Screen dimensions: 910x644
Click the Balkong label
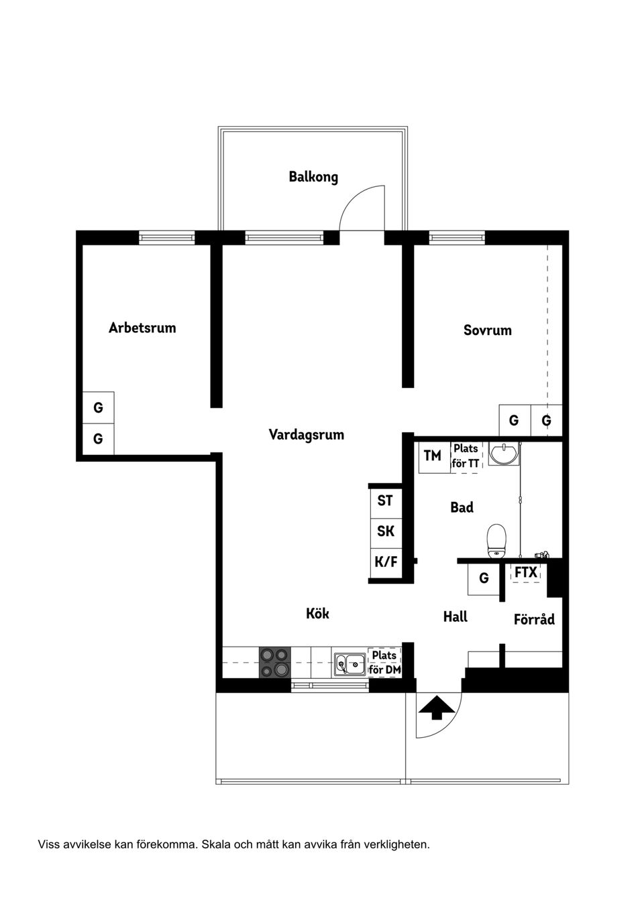(x=313, y=177)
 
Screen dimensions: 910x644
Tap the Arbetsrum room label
(x=142, y=328)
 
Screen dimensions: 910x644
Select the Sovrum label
(x=488, y=330)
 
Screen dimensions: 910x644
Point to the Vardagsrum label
(x=307, y=434)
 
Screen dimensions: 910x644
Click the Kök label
(x=317, y=613)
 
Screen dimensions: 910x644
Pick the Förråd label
(x=534, y=619)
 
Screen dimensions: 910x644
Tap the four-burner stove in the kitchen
(x=274, y=662)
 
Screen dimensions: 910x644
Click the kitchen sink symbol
(x=350, y=664)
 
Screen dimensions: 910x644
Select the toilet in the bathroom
(x=496, y=540)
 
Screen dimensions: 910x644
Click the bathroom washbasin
(x=503, y=454)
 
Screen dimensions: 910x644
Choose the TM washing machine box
(x=433, y=456)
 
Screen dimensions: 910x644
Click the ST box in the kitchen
(x=385, y=501)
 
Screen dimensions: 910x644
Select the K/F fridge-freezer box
(x=386, y=562)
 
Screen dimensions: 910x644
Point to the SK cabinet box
(x=386, y=531)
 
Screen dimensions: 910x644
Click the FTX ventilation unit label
(x=526, y=572)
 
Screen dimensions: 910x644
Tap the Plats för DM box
(x=384, y=662)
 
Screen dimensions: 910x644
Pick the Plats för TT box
(x=466, y=456)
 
